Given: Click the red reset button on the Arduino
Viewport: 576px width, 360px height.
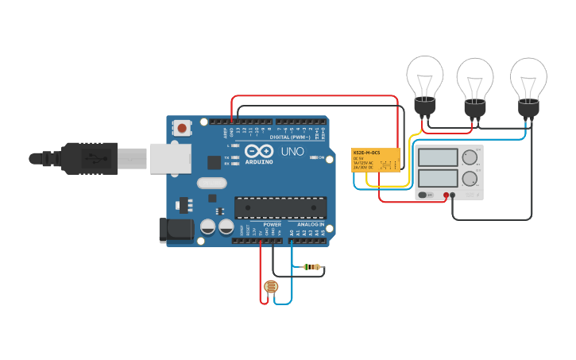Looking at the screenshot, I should point(183,127).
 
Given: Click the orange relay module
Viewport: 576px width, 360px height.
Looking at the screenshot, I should point(376,162).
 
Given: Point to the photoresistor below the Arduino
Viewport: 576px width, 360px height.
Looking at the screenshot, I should point(271,287).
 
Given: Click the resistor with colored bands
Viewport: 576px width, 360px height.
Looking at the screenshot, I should point(312,267).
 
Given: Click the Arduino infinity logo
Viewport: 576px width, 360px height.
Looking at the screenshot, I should point(258,151).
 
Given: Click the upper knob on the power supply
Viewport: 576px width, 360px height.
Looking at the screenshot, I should point(470,157).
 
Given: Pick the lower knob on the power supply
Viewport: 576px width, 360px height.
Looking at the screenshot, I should point(470,177).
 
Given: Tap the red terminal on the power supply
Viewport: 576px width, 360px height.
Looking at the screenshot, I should point(446,194).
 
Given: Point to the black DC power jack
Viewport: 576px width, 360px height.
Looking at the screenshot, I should point(176,230).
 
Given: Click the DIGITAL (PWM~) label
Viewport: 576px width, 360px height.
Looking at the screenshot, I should point(290,137).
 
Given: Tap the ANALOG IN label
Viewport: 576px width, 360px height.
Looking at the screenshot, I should point(311,225).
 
